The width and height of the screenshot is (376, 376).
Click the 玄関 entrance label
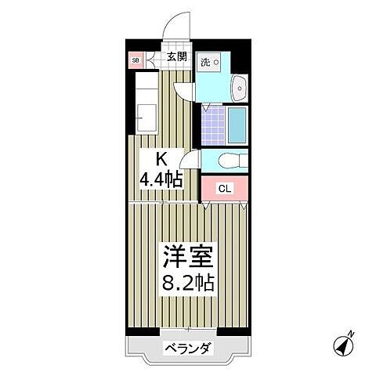(175, 56)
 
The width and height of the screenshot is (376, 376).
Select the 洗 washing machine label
(204, 61)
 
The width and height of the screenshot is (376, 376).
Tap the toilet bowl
(229, 161)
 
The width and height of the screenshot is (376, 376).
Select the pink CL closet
(224, 188)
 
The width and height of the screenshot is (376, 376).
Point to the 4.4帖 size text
(161, 179)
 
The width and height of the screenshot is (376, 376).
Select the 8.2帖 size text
(188, 282)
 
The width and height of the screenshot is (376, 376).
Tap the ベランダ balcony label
(187, 349)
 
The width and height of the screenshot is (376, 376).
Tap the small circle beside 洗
(218, 62)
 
